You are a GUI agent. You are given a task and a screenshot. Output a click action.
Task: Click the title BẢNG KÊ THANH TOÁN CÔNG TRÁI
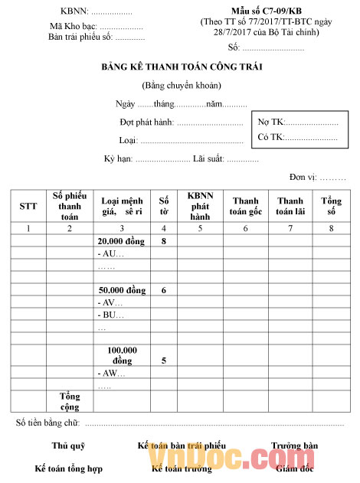coord(182,67)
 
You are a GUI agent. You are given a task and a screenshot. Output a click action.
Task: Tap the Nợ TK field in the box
coord(298,122)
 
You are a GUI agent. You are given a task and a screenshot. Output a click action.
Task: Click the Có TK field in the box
coord(298,138)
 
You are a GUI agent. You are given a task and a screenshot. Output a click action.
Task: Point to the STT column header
coord(28,206)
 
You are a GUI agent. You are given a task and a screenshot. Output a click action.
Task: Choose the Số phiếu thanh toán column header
coord(70,206)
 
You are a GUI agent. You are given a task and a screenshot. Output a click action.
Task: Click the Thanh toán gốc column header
coord(246,206)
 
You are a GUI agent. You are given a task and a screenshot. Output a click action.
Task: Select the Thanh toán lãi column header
coord(290,206)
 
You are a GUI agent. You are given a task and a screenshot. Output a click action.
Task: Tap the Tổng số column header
coord(331,206)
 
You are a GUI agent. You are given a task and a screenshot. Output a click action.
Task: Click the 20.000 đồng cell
coord(122,240)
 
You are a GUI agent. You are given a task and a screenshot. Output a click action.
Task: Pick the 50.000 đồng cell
coord(122,291)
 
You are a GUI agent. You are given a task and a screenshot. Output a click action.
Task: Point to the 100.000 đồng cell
coord(122,355)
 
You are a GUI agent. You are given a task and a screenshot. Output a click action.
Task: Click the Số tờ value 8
coord(164,240)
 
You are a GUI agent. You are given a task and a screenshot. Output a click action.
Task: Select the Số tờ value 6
coord(164,291)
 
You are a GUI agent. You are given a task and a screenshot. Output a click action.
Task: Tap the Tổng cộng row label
coord(70,402)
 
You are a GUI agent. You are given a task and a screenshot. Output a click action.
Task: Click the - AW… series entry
coord(111,374)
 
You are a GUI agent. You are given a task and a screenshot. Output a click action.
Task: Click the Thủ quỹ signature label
coord(68,445)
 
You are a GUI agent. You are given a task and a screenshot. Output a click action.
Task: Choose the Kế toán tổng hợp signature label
coord(68,468)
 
